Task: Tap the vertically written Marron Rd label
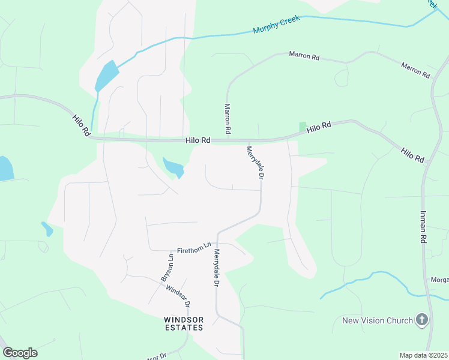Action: pos(228,118)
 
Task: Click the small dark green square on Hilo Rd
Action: pos(303,127)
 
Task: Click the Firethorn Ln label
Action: pos(194,247)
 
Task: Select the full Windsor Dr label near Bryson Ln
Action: pos(178,293)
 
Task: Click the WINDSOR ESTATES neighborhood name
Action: pos(184,323)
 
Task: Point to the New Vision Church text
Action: pos(378,320)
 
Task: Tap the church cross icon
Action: pos(422,320)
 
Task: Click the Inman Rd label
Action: pos(423,227)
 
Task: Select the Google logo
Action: pos(20,353)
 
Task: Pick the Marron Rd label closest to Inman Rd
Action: pos(416,71)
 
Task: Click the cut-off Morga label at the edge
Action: pos(439,280)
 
